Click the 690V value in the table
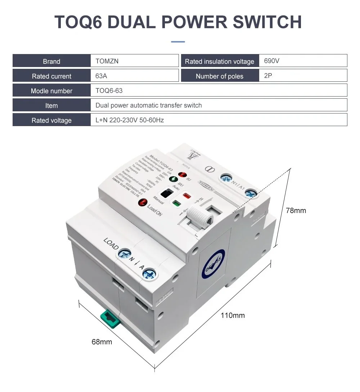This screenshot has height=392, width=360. click(x=272, y=61)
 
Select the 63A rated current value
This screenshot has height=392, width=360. click(x=102, y=76)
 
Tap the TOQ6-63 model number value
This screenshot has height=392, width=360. click(x=109, y=91)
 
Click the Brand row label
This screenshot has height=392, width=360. click(x=51, y=61)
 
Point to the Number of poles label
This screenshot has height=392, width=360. click(x=220, y=76)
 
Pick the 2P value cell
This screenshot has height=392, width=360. click(x=268, y=76)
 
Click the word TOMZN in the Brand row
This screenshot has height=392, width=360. click(x=107, y=61)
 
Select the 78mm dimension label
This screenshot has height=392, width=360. click(x=296, y=210)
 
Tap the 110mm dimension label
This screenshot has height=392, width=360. click(x=233, y=315)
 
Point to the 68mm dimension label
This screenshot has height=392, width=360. click(x=102, y=342)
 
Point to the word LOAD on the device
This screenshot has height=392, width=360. click(x=111, y=244)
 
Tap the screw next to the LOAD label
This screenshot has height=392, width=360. click(x=125, y=254)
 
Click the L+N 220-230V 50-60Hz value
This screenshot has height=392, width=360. click(x=130, y=120)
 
